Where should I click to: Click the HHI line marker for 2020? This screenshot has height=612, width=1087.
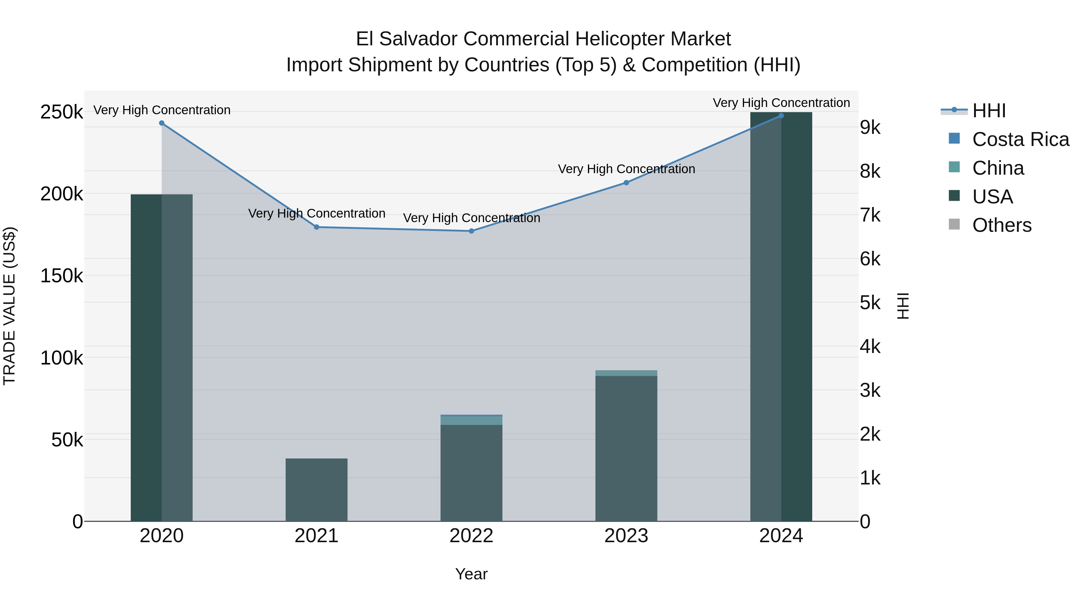click(x=162, y=123)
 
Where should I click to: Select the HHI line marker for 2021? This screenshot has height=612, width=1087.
click(x=316, y=227)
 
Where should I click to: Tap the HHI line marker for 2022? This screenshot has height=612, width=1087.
click(x=471, y=231)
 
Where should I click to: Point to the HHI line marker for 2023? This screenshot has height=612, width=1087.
click(x=626, y=183)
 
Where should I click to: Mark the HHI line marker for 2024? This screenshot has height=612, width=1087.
click(x=781, y=116)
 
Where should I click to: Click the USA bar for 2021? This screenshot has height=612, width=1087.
click(x=316, y=490)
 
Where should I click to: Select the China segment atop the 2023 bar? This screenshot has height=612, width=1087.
click(x=626, y=373)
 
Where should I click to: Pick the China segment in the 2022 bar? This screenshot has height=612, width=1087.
click(x=471, y=421)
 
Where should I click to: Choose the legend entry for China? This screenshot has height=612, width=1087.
click(x=998, y=168)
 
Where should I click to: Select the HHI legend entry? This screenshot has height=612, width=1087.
click(x=989, y=111)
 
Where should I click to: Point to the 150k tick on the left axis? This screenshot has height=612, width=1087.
click(x=62, y=276)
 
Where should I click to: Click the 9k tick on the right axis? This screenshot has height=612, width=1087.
click(x=870, y=128)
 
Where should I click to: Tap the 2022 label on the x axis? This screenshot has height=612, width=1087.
click(x=471, y=536)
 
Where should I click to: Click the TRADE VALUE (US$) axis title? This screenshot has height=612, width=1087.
click(x=9, y=306)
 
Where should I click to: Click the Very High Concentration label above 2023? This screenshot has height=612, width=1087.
click(x=626, y=169)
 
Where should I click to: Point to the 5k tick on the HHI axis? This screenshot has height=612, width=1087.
click(x=870, y=303)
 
